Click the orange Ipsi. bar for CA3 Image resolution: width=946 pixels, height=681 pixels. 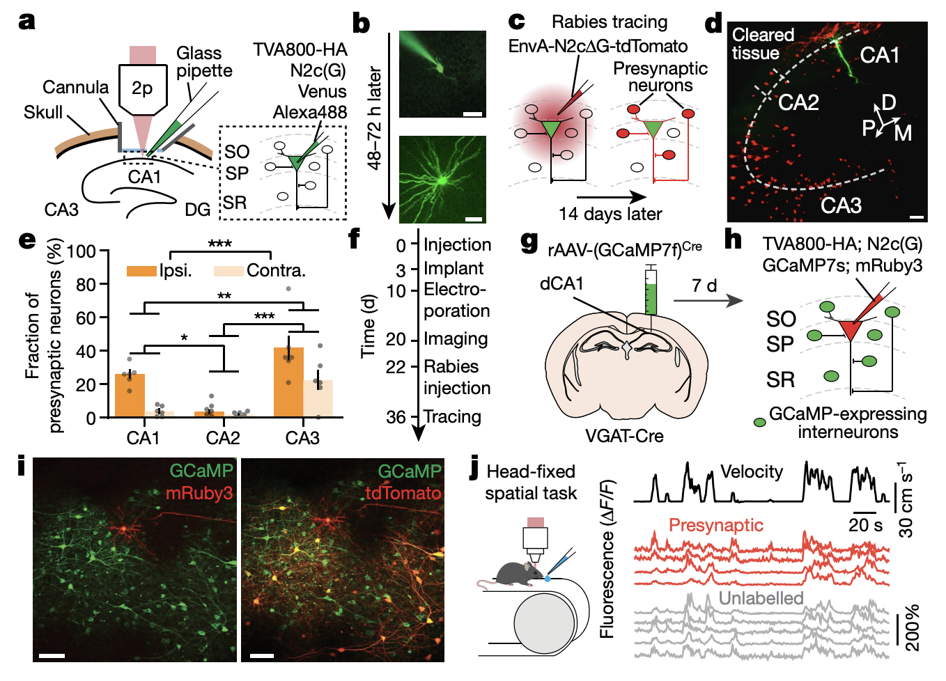click(x=288, y=382)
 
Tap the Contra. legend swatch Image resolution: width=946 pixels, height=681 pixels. click(x=228, y=271)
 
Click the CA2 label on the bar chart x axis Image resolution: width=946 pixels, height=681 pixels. click(x=223, y=438)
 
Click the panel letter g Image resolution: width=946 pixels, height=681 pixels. click(x=529, y=241)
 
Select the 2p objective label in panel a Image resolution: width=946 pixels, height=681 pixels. click(x=142, y=88)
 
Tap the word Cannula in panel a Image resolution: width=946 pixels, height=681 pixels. click(x=75, y=87)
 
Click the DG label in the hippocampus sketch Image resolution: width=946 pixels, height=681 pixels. click(x=197, y=209)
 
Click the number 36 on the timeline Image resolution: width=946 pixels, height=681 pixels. click(x=396, y=417)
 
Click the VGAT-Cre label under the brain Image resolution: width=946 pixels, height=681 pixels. click(x=623, y=436)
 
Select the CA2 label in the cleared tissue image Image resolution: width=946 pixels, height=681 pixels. click(x=798, y=103)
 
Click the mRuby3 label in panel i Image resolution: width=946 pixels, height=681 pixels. click(x=199, y=493)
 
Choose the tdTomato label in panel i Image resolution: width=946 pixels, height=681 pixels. click(x=403, y=493)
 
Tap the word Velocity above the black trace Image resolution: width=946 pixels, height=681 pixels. click(x=751, y=472)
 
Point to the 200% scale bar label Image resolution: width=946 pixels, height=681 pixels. click(x=912, y=627)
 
